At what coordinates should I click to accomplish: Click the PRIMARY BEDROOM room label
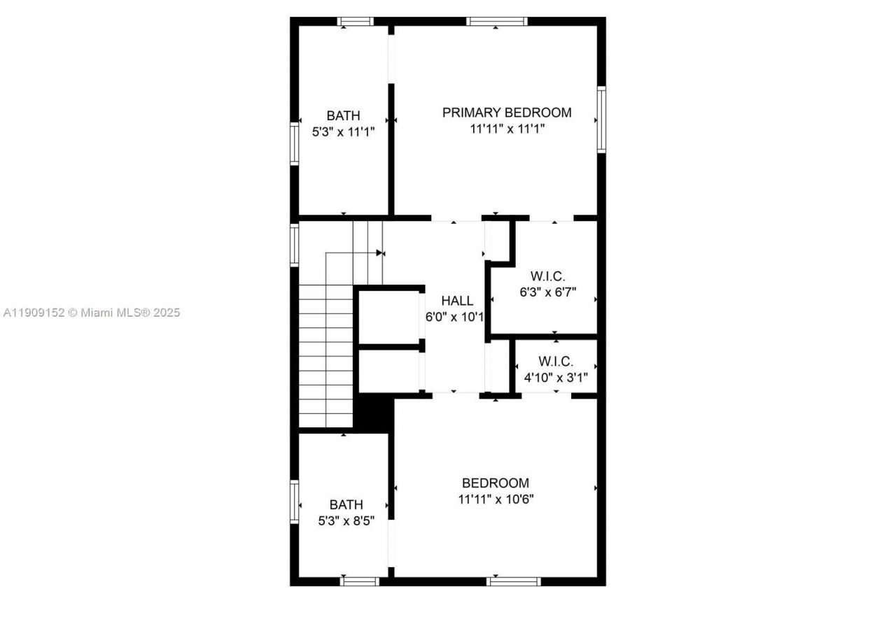coord(507,112)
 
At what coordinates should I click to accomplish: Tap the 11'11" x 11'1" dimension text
coord(507,129)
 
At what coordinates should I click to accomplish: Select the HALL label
coord(458,301)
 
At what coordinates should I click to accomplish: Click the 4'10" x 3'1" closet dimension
coord(556,378)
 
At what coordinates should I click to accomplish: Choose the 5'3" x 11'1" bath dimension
coord(344,131)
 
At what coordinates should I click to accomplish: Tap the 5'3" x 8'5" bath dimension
coord(346,521)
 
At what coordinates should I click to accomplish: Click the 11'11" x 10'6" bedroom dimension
coord(496,499)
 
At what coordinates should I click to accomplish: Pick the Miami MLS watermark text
coord(91,313)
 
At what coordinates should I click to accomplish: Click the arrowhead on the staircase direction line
coord(380,252)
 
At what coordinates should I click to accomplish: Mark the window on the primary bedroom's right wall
coord(601,119)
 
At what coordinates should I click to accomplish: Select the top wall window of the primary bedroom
coord(496,22)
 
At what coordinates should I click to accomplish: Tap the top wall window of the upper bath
coord(356,22)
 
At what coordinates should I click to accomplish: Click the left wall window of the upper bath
coord(295,143)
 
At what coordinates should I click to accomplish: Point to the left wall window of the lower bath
coord(295,501)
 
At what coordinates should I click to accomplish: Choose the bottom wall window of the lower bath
coord(360,581)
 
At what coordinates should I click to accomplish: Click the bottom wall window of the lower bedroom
coord(514,581)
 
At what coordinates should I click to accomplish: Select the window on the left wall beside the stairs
coord(295,244)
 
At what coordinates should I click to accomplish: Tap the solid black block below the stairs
coord(374,413)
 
